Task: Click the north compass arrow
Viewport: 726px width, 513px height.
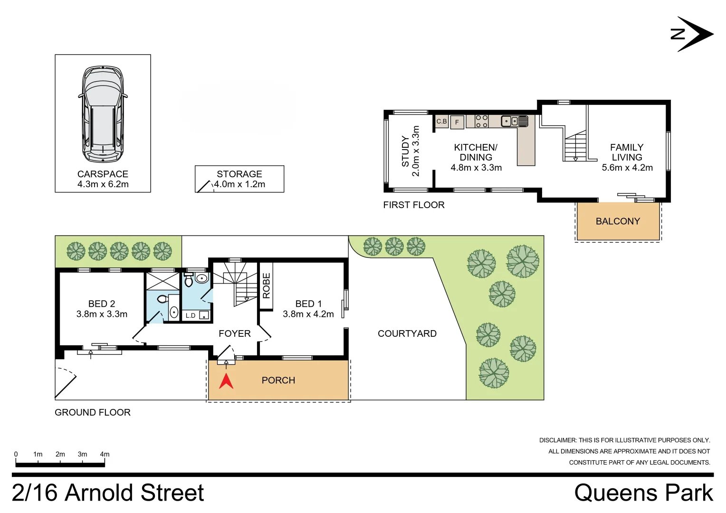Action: point(694,34)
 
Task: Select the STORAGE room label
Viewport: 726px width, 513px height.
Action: point(239,174)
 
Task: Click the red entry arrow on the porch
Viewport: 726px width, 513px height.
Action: point(226,381)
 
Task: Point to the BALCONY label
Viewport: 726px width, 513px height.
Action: point(618,221)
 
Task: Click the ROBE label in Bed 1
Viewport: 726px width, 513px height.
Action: point(266,285)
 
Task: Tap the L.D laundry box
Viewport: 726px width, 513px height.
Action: point(191,315)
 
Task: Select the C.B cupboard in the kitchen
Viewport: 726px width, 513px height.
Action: point(442,122)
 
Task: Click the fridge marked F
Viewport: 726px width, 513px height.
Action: point(457,122)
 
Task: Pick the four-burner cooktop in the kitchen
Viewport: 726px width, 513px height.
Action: point(482,121)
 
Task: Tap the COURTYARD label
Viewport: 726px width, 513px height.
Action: point(407,333)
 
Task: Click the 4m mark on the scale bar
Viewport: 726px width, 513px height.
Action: point(105,455)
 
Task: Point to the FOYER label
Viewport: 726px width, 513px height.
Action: point(234,333)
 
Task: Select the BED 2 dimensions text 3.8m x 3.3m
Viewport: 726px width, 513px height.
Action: point(102,314)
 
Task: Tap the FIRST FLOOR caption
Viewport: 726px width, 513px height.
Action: point(413,205)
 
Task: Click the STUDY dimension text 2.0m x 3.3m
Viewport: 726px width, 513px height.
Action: point(416,151)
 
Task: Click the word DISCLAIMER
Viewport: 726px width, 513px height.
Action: point(557,440)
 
